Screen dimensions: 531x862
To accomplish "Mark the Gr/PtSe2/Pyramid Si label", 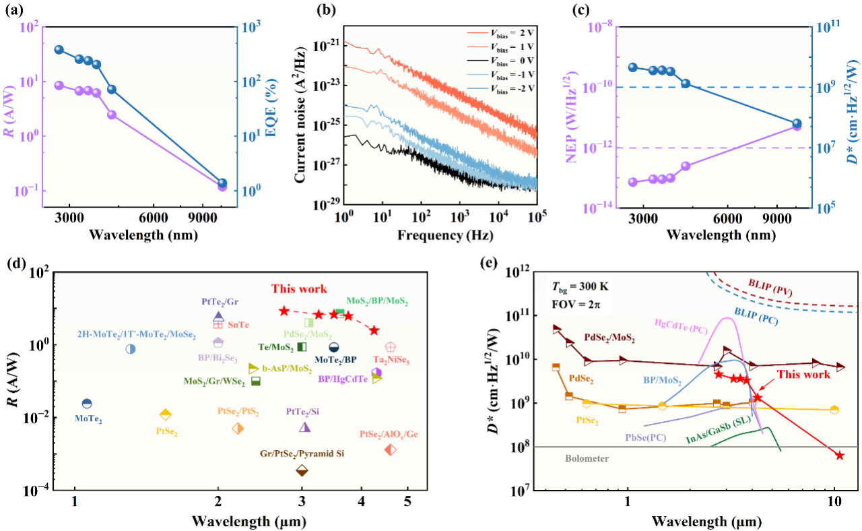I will coord(302,454).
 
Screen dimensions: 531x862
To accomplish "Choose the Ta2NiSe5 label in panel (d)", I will coord(391,360).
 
